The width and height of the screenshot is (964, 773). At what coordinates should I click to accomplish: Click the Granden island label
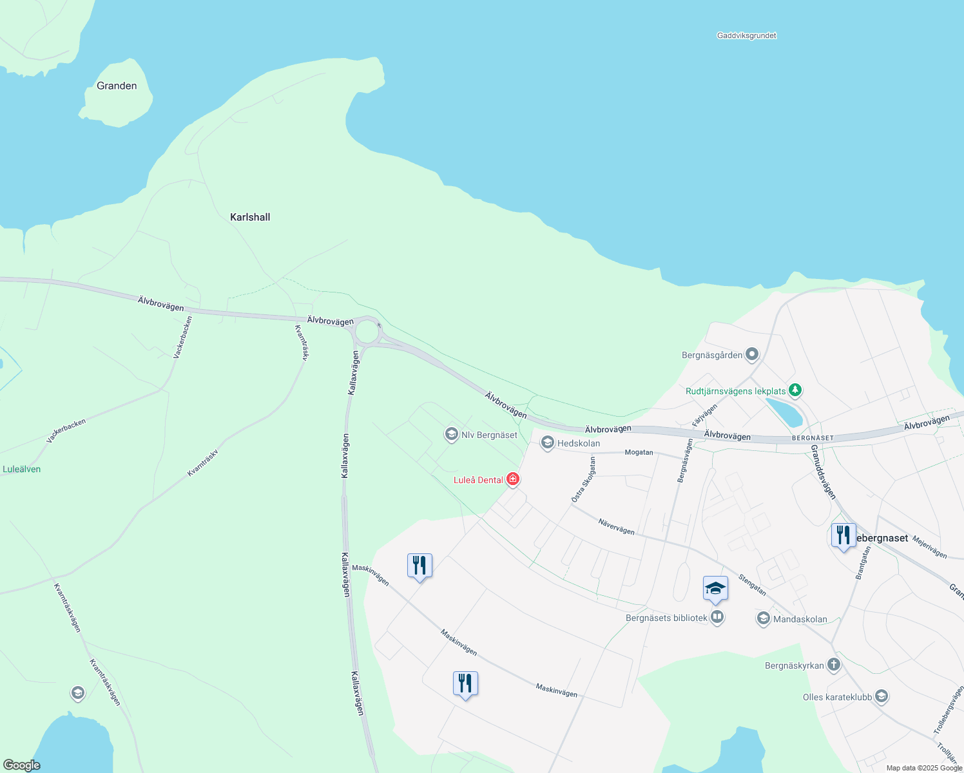click(x=117, y=86)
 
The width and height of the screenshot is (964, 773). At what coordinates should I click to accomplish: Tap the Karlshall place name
click(x=250, y=217)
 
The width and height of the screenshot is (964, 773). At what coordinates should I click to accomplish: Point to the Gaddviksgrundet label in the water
click(x=746, y=36)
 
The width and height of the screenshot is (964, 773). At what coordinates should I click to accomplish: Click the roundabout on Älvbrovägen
click(x=367, y=332)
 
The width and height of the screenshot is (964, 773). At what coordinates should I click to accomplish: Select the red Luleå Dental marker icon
click(x=513, y=479)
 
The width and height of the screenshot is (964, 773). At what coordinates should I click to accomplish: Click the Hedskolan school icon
click(x=548, y=443)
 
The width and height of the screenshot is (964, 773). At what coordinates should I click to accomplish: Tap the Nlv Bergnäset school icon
click(x=452, y=435)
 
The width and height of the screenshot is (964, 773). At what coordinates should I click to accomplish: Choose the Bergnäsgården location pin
click(x=752, y=354)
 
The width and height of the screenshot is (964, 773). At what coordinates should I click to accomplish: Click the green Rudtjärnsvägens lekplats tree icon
click(x=795, y=390)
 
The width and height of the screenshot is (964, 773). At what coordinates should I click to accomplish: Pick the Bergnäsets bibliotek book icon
click(x=717, y=618)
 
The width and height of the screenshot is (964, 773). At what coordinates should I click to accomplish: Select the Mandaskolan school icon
click(x=764, y=619)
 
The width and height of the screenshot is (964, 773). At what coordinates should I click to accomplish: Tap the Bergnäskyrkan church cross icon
click(x=834, y=665)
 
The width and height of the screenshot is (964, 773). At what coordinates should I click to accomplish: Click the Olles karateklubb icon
click(x=882, y=696)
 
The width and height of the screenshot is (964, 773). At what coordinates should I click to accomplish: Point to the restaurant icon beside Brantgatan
click(x=843, y=535)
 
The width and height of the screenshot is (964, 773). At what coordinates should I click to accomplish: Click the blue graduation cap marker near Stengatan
click(x=715, y=589)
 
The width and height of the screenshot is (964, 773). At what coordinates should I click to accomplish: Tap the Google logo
click(x=22, y=765)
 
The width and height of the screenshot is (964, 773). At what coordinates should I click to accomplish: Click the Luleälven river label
click(x=21, y=469)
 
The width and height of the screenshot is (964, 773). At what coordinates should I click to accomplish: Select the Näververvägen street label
click(x=616, y=526)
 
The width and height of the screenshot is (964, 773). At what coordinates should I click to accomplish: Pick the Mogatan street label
click(x=639, y=452)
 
